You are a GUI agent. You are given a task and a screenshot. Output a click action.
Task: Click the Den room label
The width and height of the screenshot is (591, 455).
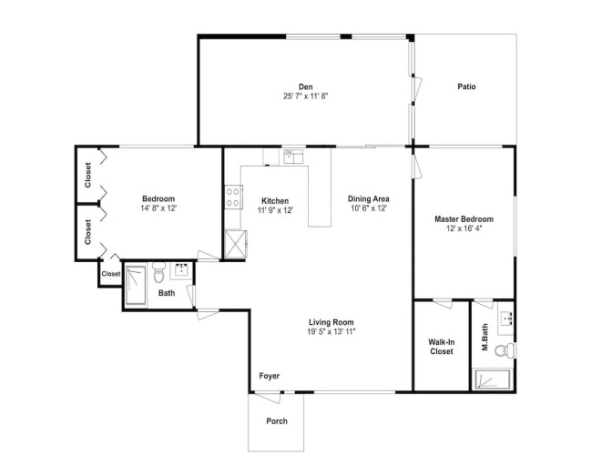pos(306,87)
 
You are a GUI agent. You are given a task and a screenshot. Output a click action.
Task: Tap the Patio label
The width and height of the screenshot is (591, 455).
pos(466,86)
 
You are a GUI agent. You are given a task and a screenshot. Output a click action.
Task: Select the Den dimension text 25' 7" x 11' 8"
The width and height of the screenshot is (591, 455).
pos(306,96)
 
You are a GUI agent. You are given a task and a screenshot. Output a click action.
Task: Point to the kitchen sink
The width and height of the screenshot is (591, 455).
pos(293,157)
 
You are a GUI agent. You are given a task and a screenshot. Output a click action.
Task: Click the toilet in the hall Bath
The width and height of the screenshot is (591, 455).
pos(159,272)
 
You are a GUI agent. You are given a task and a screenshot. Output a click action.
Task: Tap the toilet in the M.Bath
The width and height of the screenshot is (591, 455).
pos(504,350)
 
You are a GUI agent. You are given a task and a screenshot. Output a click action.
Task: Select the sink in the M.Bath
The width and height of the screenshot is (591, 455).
pos(505,323)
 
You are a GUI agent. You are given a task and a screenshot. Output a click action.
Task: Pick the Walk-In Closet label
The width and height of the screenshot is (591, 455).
pos(442,347)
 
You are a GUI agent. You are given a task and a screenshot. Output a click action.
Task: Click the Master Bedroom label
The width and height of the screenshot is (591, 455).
pos(464,219)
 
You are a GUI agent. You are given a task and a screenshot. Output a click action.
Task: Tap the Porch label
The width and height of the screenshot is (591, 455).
pos(277,421)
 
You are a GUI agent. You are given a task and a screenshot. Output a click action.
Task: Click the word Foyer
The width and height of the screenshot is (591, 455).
pos(270,376)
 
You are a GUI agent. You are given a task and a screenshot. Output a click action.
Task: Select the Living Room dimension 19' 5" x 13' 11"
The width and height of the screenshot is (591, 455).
pos(331,332)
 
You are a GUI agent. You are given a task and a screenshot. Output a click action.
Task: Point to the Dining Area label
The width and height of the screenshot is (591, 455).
pos(369,199)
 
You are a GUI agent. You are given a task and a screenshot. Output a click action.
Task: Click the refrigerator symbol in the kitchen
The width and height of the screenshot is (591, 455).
pos(236,244)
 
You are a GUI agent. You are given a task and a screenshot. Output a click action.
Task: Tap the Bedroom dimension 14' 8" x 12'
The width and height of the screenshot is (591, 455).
pos(158,208)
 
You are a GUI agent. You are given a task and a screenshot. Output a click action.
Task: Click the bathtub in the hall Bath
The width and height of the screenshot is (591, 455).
pos(136,285)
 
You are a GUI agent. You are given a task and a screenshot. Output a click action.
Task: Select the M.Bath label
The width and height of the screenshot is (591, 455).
pos(484,337)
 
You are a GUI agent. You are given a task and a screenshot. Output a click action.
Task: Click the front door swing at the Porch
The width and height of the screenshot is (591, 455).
pos(268,397)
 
